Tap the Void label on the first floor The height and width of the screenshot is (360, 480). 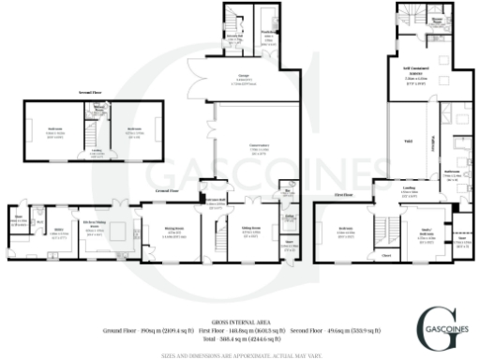coord(407,140)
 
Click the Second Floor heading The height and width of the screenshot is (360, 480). coord(91,94)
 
